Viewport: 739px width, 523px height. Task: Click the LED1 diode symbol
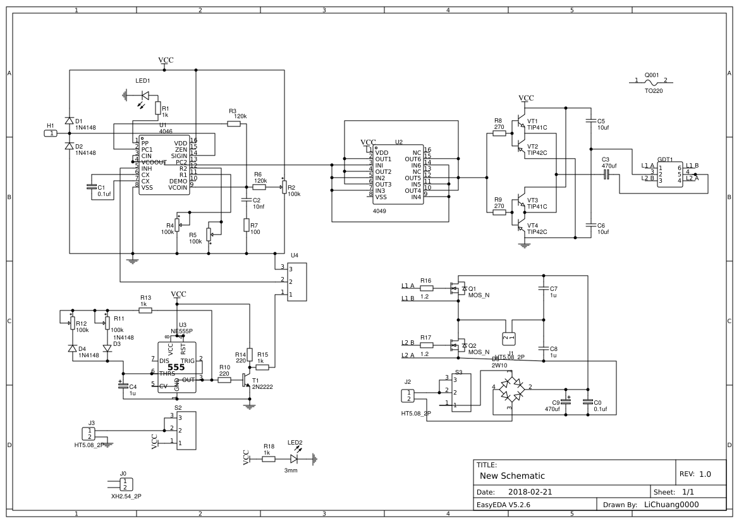(145, 95)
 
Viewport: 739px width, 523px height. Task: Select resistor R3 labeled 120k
(234, 124)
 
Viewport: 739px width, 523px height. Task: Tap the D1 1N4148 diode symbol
(69, 121)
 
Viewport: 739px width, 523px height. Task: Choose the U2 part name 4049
(379, 211)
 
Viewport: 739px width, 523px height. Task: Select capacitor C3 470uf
(606, 174)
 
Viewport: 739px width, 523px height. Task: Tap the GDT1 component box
(669, 174)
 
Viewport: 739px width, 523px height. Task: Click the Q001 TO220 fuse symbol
(651, 82)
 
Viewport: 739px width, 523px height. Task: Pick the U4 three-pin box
(296, 282)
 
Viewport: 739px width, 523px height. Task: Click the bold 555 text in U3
(176, 367)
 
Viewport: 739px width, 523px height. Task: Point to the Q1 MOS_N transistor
(458, 289)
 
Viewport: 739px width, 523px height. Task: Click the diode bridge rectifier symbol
(511, 387)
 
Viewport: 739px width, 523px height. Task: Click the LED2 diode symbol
(294, 460)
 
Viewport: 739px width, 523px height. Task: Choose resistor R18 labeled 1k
(269, 460)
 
